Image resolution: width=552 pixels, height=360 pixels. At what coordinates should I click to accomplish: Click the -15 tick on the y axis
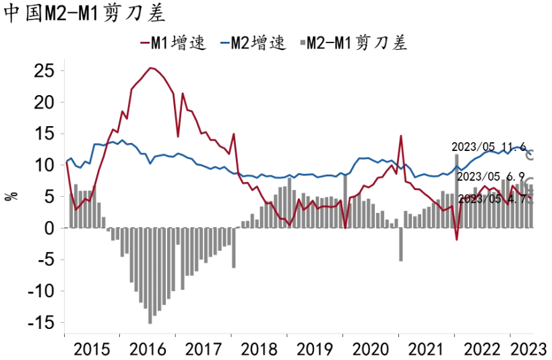42,323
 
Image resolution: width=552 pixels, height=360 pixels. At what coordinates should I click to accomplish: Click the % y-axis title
11,196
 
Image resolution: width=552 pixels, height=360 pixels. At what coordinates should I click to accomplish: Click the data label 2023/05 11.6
489,146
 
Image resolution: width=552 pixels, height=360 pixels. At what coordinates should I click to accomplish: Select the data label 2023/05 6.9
491,177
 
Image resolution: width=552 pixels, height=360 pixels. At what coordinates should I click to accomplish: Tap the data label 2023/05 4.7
491,199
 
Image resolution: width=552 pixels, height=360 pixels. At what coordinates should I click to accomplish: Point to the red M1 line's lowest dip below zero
456,239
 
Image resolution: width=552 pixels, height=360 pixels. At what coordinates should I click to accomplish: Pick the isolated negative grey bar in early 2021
400,244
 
